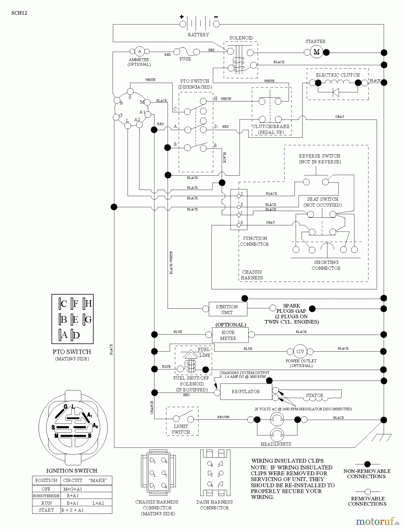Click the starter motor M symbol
point(317,52)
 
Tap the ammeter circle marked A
point(139,51)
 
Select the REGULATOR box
point(246,391)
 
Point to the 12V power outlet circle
point(300,351)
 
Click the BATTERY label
point(198,35)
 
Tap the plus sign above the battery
point(181,17)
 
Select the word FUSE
point(185,59)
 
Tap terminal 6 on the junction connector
point(239,225)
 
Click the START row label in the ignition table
point(46,510)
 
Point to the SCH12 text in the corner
point(19,13)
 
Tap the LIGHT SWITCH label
point(181,429)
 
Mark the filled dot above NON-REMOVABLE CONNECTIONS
point(367,464)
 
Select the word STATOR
point(314,395)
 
